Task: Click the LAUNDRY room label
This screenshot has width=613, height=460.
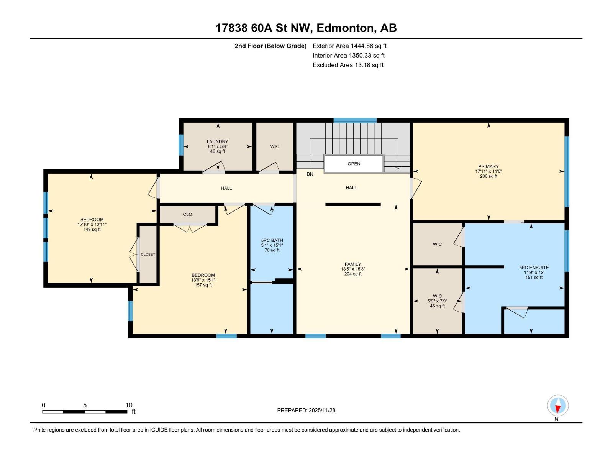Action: click(x=217, y=142)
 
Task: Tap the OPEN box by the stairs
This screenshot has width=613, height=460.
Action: click(x=354, y=164)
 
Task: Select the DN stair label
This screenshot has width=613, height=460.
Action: click(x=310, y=174)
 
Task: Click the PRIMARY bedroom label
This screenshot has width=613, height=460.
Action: click(x=488, y=167)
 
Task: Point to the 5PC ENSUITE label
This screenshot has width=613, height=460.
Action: click(x=534, y=268)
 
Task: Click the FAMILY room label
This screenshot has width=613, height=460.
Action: click(x=352, y=264)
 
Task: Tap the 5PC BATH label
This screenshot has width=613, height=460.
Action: click(x=272, y=241)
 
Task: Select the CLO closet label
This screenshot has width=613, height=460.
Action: click(x=187, y=214)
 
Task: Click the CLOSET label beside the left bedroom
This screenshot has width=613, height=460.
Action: click(x=148, y=255)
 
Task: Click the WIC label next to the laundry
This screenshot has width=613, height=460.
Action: click(x=275, y=146)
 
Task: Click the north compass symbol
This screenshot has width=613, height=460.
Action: click(x=558, y=406)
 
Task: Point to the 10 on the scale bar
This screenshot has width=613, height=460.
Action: click(x=129, y=405)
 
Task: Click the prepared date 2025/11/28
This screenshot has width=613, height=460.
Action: click(x=321, y=410)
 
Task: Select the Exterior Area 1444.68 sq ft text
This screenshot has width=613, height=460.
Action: click(x=349, y=46)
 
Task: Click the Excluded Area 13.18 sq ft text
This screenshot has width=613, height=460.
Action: click(x=348, y=65)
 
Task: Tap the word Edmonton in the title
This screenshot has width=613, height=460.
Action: click(x=345, y=28)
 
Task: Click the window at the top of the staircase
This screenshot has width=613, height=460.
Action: click(x=355, y=120)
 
